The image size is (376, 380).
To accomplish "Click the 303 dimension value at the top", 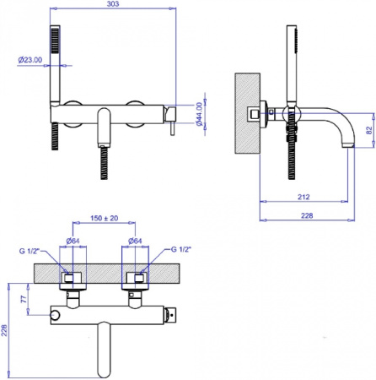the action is pyautogui.click(x=113, y=4).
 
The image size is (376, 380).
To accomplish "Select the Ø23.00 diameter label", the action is pyautogui.click(x=30, y=60).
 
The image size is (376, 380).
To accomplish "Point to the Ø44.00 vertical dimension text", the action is pyautogui.click(x=199, y=114).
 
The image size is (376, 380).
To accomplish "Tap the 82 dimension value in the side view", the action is pyautogui.click(x=370, y=130).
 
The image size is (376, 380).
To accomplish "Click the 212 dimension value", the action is pyautogui.click(x=303, y=197).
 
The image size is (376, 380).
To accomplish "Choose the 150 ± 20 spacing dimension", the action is pyautogui.click(x=104, y=218).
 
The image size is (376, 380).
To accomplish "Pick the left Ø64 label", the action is pyautogui.click(x=73, y=241).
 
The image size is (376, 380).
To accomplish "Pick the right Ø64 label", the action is pyautogui.click(x=135, y=241).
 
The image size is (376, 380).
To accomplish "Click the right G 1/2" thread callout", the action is pyautogui.click(x=181, y=249).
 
